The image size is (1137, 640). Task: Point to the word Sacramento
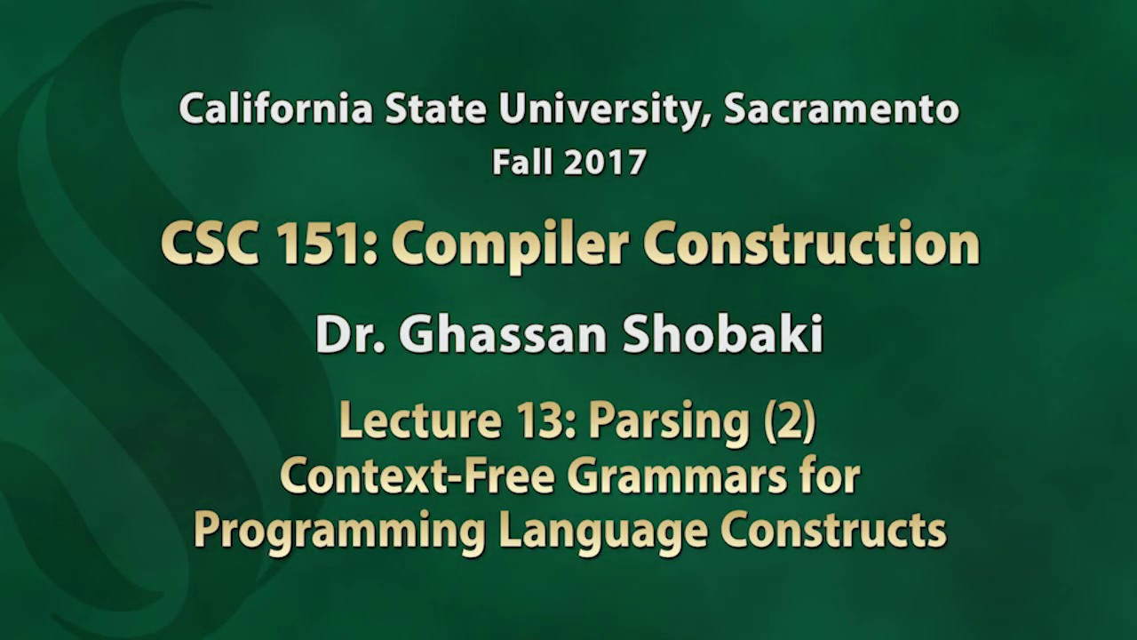841,109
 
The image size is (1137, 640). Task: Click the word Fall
523,162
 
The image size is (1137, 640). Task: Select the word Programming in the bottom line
339,531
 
